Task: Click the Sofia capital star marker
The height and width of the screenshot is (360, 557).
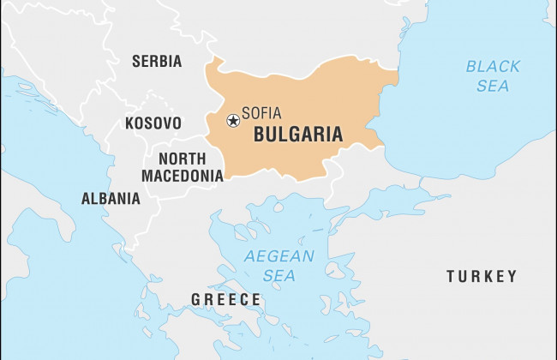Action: (x=232, y=121)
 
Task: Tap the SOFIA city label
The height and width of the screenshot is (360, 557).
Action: (x=261, y=113)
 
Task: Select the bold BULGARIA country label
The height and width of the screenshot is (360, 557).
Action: (x=298, y=135)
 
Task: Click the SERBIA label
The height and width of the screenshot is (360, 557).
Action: (x=156, y=62)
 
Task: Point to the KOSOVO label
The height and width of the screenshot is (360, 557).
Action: (x=153, y=123)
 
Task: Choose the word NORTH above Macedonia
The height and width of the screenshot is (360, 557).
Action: (x=182, y=159)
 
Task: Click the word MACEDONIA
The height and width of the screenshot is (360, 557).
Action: (x=183, y=176)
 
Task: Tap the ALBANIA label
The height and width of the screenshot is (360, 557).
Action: (x=111, y=199)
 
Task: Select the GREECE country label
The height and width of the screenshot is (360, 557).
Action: (x=225, y=299)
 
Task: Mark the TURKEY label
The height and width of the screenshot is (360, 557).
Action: (x=482, y=276)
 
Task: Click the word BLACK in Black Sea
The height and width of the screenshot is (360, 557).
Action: (x=493, y=66)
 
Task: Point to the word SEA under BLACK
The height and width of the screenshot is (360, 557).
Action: (x=493, y=86)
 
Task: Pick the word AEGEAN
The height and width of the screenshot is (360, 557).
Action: (x=279, y=256)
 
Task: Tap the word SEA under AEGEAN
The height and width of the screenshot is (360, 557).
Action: (x=279, y=276)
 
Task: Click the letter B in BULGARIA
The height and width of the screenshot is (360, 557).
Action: (x=260, y=135)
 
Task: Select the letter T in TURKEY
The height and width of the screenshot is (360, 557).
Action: (x=451, y=276)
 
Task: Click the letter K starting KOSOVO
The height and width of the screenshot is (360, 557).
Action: (x=130, y=123)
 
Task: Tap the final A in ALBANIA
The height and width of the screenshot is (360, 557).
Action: (x=135, y=199)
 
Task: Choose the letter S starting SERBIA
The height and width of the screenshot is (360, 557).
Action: (x=135, y=62)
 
